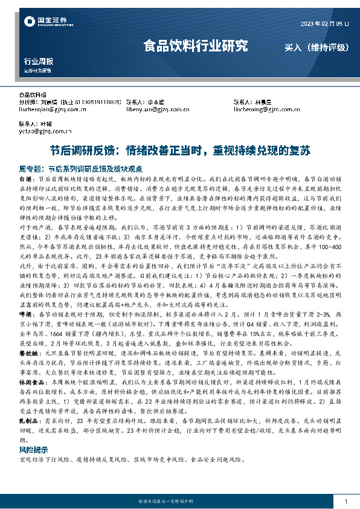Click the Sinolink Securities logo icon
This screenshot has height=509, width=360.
tap(28, 22)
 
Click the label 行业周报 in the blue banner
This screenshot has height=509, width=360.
tap(38, 61)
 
